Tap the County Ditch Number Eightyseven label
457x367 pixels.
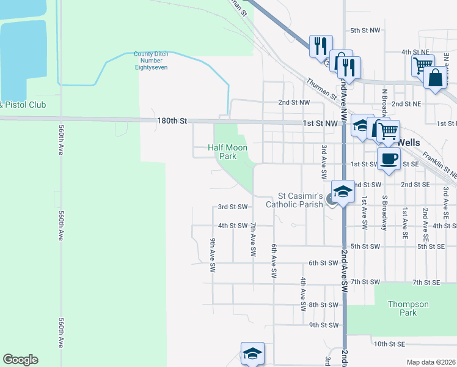[x=151, y=61]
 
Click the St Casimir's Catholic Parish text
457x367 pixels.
[x=301, y=200]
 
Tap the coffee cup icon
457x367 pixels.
[x=389, y=160]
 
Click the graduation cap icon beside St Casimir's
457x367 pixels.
[x=343, y=191]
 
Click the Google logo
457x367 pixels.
[x=20, y=360]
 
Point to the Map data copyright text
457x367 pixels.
[x=431, y=362]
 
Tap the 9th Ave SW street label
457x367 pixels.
[x=213, y=255]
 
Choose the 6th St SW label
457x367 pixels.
[x=323, y=263]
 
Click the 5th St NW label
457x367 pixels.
[x=365, y=30]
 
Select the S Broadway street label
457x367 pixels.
[x=384, y=213]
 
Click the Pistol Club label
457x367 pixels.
[x=23, y=105]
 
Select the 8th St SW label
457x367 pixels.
[x=323, y=305]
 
